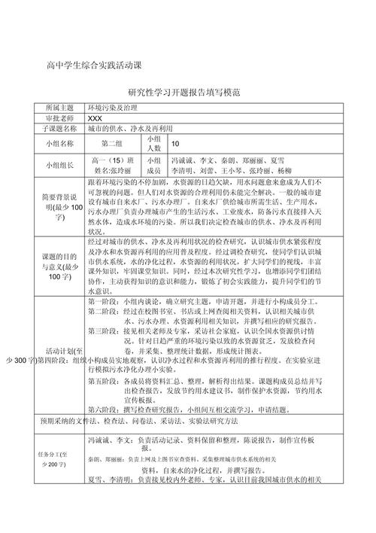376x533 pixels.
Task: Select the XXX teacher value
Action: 95,118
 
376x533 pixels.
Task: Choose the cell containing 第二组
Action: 111,142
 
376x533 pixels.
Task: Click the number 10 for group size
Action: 176,142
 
